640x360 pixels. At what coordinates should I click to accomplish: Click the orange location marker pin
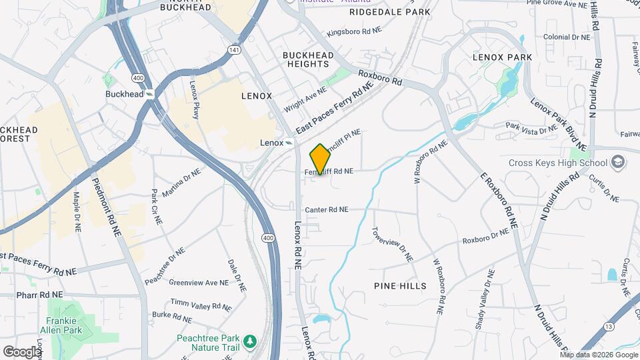tap(321, 159)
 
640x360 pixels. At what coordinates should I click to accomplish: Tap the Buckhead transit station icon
tap(151, 94)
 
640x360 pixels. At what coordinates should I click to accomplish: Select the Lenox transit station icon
tap(289, 143)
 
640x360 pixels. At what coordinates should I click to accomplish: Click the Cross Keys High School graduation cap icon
tap(618, 163)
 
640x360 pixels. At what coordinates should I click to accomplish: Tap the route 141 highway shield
tap(234, 50)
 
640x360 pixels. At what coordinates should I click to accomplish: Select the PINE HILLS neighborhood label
tap(401, 286)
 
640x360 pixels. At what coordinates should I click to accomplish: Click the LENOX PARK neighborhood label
tap(502, 57)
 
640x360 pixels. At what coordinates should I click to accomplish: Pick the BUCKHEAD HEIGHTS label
tap(306, 59)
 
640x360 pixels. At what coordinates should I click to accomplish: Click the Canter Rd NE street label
tap(327, 209)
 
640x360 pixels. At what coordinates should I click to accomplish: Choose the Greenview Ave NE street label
tap(199, 283)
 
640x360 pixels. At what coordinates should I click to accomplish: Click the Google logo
tap(22, 351)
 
